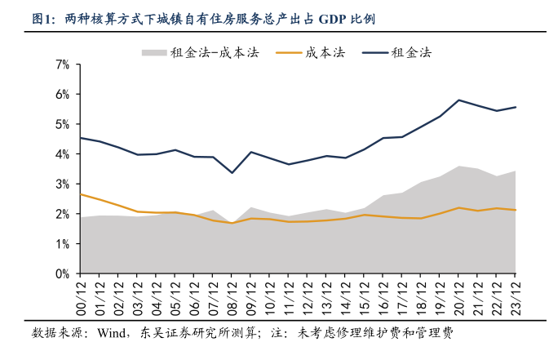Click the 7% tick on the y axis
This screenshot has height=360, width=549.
click(x=62, y=64)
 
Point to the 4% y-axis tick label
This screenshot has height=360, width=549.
click(x=62, y=153)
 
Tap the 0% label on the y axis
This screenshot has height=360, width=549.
click(x=62, y=273)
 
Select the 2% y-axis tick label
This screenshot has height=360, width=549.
click(x=62, y=214)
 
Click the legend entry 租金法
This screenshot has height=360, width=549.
click(x=411, y=52)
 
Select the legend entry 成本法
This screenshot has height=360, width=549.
click(x=325, y=52)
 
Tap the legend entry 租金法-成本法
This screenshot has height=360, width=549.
click(x=214, y=52)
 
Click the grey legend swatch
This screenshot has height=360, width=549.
click(x=153, y=52)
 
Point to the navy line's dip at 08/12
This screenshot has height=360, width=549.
click(x=232, y=173)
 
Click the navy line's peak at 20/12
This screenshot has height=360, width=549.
click(x=459, y=100)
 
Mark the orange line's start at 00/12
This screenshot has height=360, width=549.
click(x=80, y=194)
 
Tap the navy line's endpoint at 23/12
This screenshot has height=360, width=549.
click(x=516, y=107)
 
